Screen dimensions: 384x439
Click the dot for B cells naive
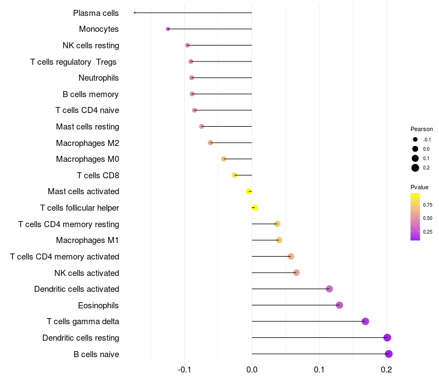(x=389, y=354)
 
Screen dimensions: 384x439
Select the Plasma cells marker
(x=134, y=13)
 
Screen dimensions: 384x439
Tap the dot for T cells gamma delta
(x=365, y=321)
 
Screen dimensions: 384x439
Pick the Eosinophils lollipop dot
(x=339, y=305)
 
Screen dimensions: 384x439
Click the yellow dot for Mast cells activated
(x=249, y=191)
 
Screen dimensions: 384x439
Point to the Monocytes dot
(x=168, y=29)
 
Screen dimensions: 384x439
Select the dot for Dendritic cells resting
(x=387, y=337)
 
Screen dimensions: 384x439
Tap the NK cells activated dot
(x=296, y=273)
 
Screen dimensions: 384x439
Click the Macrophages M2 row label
(x=87, y=143)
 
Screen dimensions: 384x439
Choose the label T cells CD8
(x=98, y=176)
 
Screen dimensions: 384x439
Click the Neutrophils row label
(x=99, y=78)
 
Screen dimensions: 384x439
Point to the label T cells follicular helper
(x=80, y=208)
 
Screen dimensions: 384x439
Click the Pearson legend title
(x=421, y=129)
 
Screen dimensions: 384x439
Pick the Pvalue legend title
(x=420, y=187)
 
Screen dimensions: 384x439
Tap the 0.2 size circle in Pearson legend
(x=415, y=168)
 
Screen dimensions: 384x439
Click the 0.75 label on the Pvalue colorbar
(x=427, y=205)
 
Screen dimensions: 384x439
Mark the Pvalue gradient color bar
(x=415, y=217)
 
